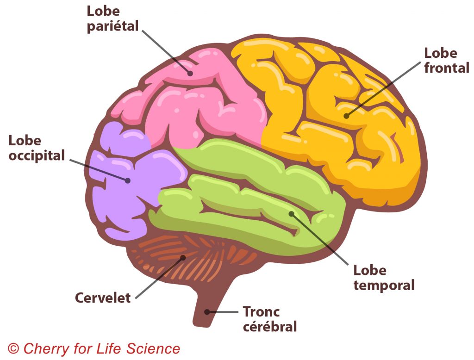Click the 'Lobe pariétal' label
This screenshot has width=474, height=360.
(112, 19)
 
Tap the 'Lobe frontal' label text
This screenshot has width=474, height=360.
(446, 60)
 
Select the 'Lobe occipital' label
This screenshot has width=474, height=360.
(37, 148)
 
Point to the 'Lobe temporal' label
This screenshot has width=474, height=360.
(384, 278)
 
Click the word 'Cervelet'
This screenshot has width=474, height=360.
(103, 298)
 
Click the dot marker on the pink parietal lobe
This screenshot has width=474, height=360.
(190, 73)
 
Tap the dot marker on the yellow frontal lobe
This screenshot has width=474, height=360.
(346, 115)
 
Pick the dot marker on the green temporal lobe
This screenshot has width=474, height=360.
(291, 213)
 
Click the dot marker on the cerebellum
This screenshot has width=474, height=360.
(183, 257)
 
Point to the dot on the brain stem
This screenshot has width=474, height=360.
(208, 312)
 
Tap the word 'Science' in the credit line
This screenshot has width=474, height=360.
(155, 348)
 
